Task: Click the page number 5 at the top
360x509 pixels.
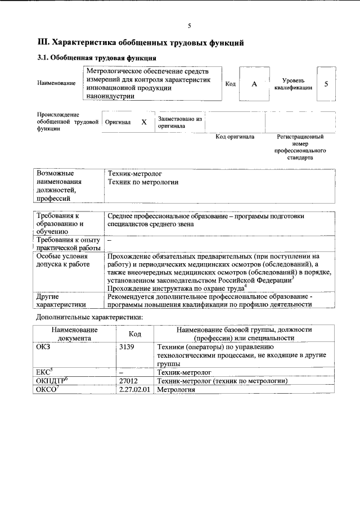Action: (190, 26)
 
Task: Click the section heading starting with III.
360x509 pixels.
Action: (140, 42)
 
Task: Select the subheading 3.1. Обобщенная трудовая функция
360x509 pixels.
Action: (96, 58)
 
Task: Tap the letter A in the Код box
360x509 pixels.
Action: (254, 84)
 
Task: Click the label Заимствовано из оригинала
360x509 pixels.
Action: (180, 123)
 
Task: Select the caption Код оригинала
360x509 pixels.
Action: (235, 137)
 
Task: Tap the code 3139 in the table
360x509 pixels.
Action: (127, 347)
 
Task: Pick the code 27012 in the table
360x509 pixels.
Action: (129, 381)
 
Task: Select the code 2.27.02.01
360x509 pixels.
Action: (135, 389)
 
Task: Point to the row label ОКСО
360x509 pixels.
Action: (47, 389)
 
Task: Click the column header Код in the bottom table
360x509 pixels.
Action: (134, 334)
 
